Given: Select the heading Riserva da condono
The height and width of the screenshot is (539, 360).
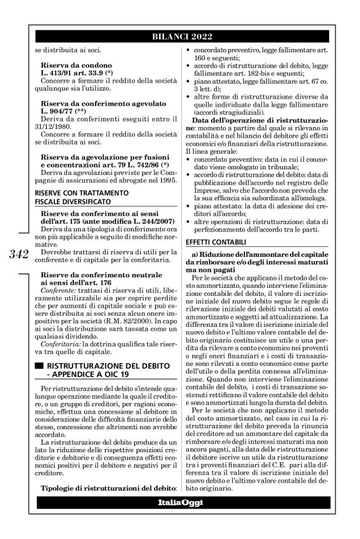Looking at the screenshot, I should [76, 65].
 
